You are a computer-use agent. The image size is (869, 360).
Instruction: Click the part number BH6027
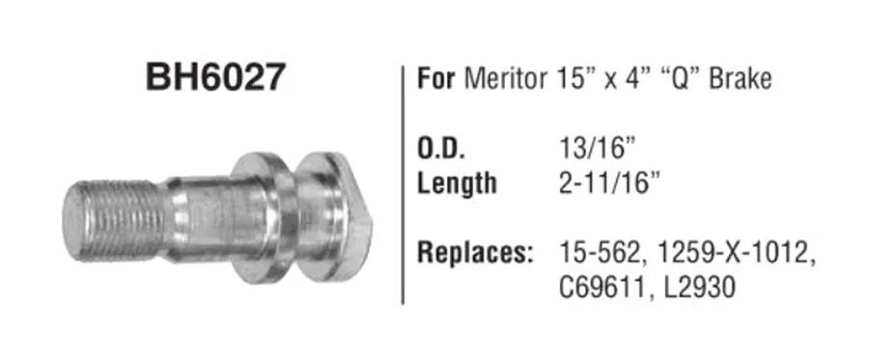pyautogui.click(x=215, y=76)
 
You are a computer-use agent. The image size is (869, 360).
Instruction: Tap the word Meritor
pyautogui.click(x=505, y=78)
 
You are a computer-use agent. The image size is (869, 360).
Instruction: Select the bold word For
pyautogui.click(x=436, y=78)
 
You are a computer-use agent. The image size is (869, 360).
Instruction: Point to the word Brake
pyautogui.click(x=741, y=78)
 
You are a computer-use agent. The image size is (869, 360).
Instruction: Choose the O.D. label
pyautogui.click(x=440, y=151)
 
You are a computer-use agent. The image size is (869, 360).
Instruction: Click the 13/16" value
pyautogui.click(x=597, y=151)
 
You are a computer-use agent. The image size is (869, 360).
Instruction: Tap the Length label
pyautogui.click(x=457, y=183)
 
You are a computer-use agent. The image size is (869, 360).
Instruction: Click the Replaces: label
pyautogui.click(x=474, y=254)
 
